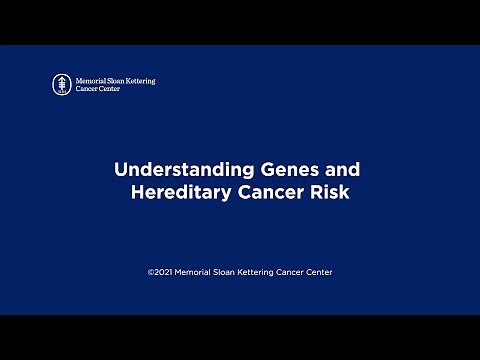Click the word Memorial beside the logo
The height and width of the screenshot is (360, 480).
[x=91, y=80]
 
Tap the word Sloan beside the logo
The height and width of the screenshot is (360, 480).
[x=117, y=80]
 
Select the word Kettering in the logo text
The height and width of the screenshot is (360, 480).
[x=141, y=80]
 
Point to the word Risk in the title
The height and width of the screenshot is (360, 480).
[x=330, y=193]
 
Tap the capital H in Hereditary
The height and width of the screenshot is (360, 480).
[x=138, y=193]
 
